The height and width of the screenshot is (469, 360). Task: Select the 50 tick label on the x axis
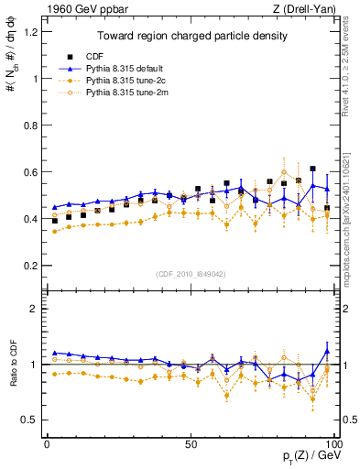click(191, 443)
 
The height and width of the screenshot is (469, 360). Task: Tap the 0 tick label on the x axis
click(47, 443)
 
